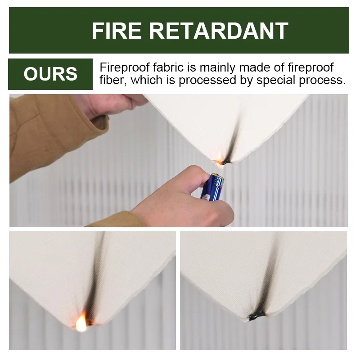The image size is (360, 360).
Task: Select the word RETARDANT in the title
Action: pyautogui.click(x=219, y=31)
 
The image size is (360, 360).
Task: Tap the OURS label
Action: pyautogui.click(x=50, y=74)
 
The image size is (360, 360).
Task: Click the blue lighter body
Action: pyautogui.click(x=213, y=187)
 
